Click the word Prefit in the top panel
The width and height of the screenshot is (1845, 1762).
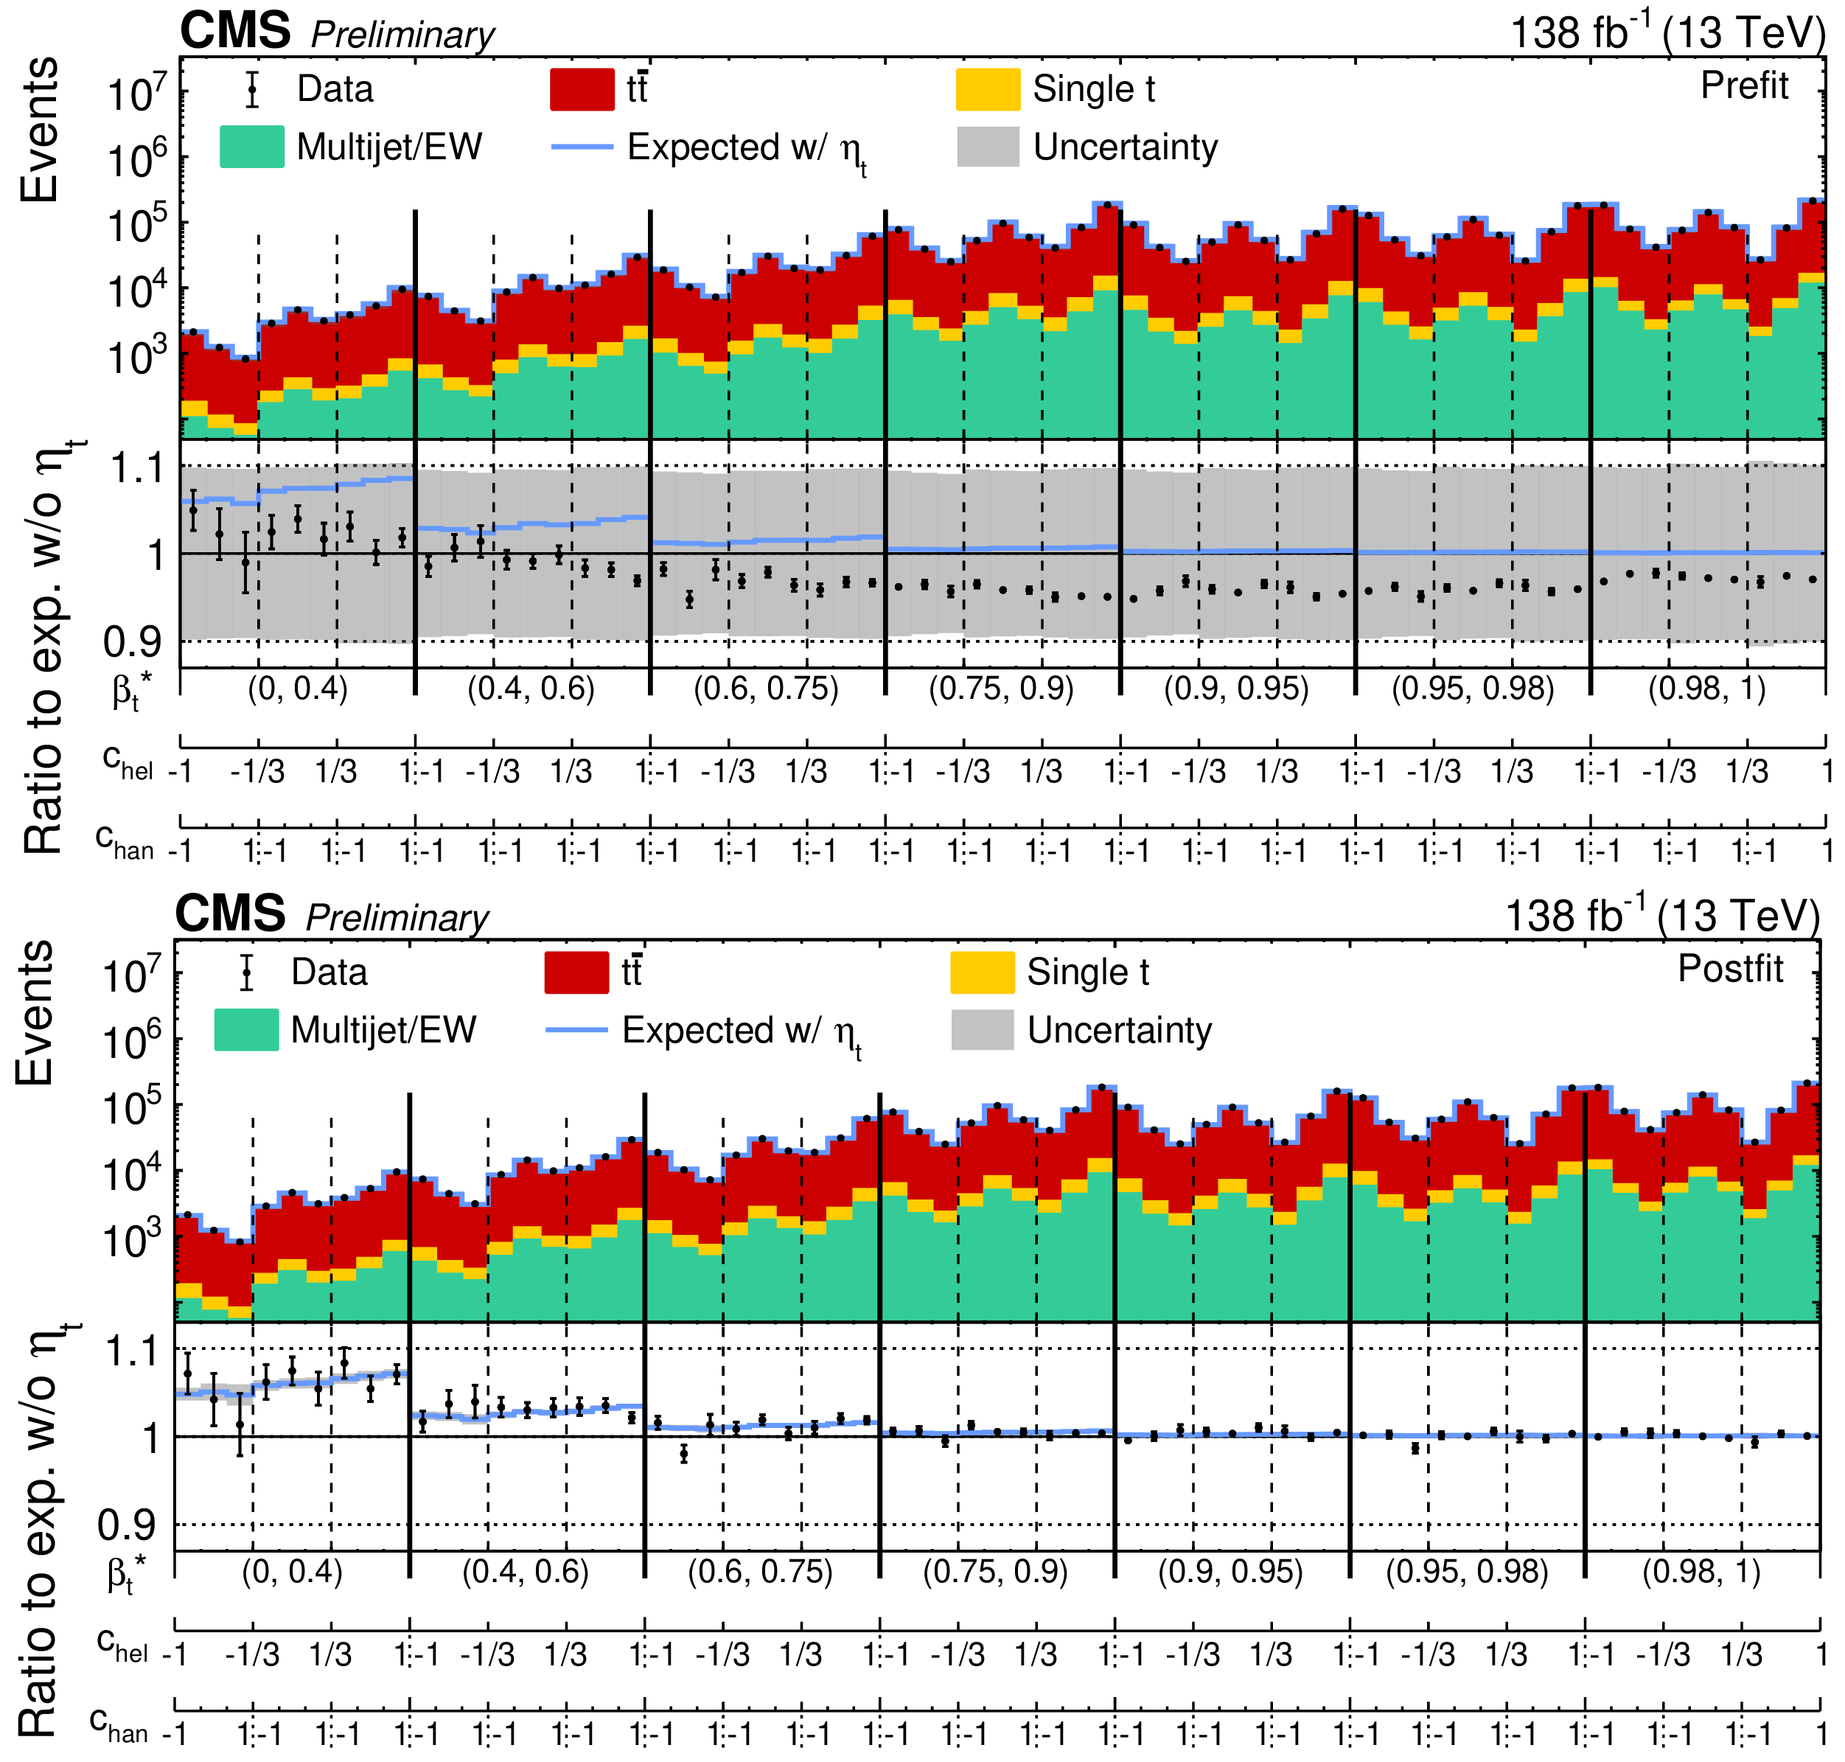click(1745, 86)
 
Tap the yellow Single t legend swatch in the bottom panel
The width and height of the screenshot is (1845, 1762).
click(982, 972)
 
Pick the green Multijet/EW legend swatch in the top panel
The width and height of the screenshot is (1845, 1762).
click(251, 147)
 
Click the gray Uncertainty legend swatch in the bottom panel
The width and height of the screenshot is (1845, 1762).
click(982, 1031)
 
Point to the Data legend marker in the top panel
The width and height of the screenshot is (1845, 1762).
click(251, 89)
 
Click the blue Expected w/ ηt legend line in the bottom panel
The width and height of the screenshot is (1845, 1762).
click(576, 1031)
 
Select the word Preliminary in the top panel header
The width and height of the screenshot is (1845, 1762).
click(402, 35)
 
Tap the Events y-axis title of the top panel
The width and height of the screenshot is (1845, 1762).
click(39, 129)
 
